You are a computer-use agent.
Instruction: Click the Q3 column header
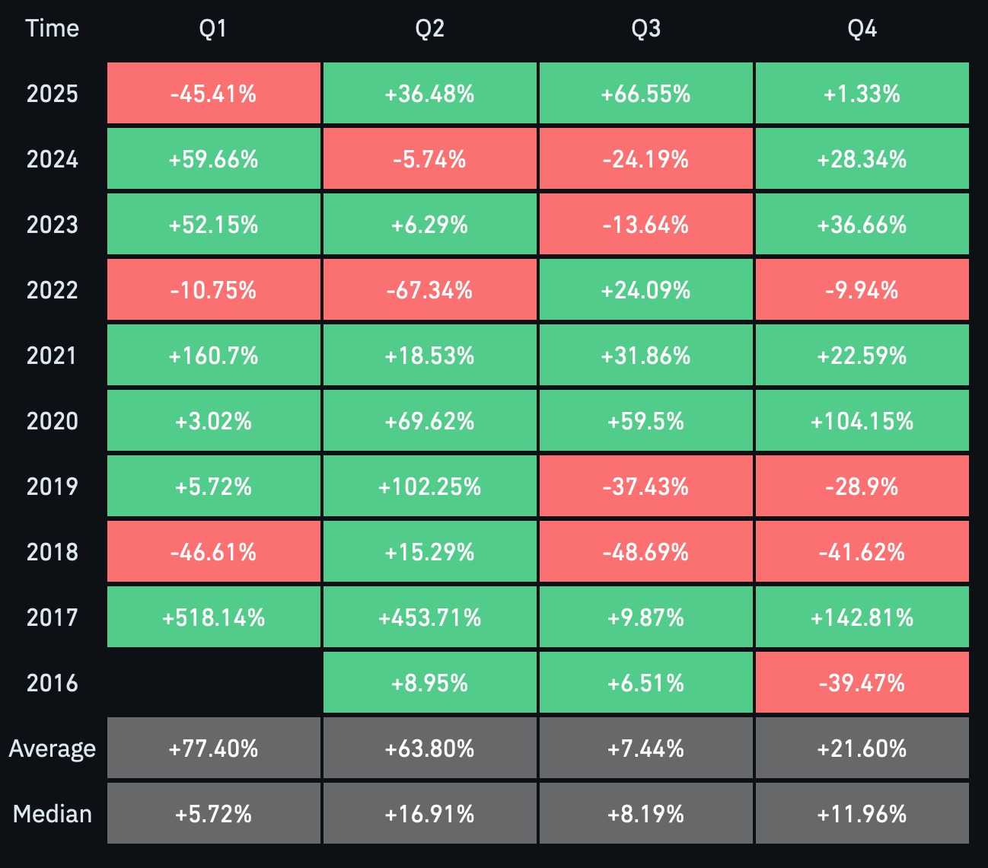[645, 28]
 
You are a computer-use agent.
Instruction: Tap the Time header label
[53, 28]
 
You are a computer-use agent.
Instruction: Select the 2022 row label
[53, 290]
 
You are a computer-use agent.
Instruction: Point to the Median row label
[53, 813]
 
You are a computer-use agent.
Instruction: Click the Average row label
[53, 748]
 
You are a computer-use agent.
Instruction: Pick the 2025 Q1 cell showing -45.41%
[214, 93]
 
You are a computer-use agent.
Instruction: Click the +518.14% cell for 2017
[214, 617]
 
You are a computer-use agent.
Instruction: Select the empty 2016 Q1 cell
[214, 682]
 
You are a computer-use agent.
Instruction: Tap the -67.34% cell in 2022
[429, 289]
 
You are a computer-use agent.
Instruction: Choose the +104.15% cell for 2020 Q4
[862, 420]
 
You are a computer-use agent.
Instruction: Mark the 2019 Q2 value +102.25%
[429, 486]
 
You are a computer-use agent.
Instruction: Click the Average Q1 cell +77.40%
[214, 748]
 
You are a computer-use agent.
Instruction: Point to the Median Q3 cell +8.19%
[645, 813]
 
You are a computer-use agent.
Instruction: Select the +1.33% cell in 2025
[862, 93]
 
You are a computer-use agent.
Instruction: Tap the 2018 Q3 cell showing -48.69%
[645, 551]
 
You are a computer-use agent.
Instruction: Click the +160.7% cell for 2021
[214, 355]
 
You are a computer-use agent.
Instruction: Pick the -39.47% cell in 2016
[862, 682]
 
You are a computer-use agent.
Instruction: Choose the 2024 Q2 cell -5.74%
[429, 158]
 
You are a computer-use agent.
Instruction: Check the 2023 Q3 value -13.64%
[645, 224]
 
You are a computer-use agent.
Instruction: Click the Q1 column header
[212, 28]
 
